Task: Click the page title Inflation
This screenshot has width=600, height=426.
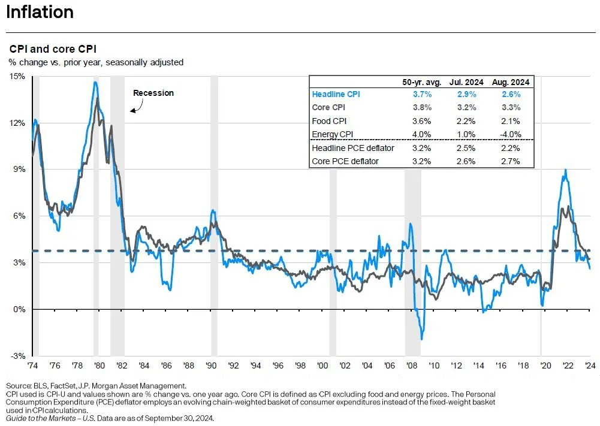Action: coord(40,12)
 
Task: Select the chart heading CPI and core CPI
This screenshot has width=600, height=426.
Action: coord(52,49)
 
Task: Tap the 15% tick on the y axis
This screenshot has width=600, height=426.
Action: coord(17,77)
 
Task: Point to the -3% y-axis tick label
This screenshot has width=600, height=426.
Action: coord(17,356)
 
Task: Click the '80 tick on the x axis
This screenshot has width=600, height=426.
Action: coord(99,365)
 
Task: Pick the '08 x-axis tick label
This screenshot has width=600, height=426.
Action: coord(412,365)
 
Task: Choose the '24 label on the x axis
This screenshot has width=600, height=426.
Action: coord(590,365)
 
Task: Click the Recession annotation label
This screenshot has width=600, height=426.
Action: coord(153,93)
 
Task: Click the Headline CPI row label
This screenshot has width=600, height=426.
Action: coord(336,94)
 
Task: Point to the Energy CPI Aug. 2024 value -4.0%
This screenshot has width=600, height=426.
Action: coord(508,134)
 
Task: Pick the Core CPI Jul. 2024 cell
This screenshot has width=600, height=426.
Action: coord(466,108)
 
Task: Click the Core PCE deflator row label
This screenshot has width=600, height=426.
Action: coord(345,161)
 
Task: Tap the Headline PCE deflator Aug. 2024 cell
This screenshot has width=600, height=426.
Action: coord(508,148)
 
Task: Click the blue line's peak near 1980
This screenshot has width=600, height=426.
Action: coord(95,82)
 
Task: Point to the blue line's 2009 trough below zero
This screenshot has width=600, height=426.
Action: coord(422,339)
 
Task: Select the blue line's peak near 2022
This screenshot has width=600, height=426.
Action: coord(565,170)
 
